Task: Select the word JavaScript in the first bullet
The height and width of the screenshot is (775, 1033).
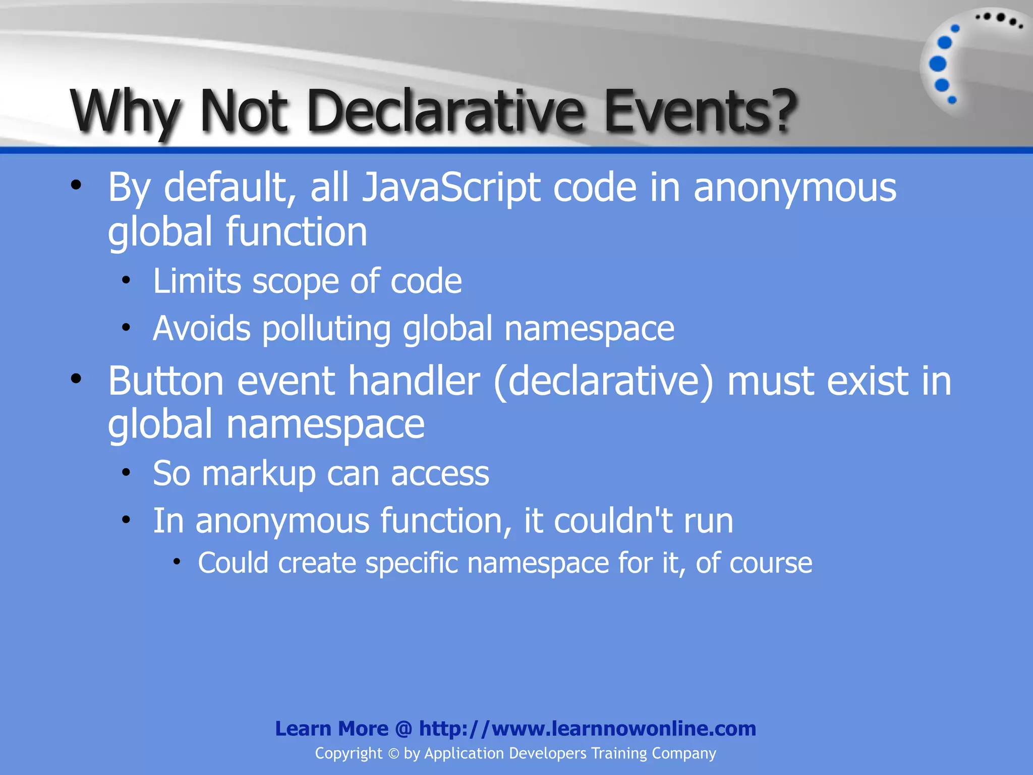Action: tap(451, 188)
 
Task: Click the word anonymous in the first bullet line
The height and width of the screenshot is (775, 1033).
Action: tap(795, 188)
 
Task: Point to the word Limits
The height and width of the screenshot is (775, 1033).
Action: tap(197, 281)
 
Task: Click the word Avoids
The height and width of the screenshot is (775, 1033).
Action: tap(202, 329)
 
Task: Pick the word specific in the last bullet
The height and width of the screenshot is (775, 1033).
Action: tap(412, 563)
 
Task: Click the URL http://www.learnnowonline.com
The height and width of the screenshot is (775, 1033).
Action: tap(588, 729)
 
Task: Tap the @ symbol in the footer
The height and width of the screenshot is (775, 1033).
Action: tap(404, 729)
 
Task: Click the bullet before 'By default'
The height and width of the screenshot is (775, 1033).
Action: tap(76, 185)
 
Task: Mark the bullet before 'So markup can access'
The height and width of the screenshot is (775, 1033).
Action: tap(126, 473)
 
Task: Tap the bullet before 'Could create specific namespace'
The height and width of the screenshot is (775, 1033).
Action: tap(176, 562)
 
